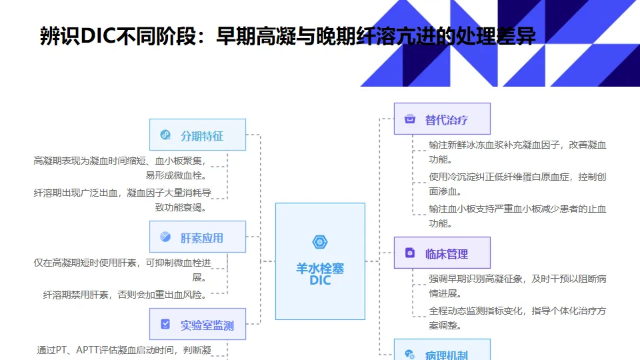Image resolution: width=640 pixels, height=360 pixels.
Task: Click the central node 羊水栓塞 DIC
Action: coord(320,261)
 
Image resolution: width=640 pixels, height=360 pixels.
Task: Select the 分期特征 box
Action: coord(197,135)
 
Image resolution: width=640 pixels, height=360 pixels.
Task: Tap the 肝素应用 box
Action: coord(197,237)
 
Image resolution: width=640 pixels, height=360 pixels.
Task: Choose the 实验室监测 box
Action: coord(197,325)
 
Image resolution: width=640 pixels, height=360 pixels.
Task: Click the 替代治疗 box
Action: coord(442,119)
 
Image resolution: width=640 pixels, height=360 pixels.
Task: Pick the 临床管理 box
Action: coord(442,253)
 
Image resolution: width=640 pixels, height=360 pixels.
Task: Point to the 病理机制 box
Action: coord(442,352)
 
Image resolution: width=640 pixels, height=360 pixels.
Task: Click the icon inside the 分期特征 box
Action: coord(165,135)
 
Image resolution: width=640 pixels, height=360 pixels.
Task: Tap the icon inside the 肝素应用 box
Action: coord(165,237)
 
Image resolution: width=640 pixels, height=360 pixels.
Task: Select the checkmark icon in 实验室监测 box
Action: coord(165,325)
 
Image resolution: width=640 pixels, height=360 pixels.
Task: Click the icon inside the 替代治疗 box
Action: coord(410,119)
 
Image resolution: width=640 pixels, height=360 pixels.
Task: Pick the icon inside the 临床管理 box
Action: coord(410,253)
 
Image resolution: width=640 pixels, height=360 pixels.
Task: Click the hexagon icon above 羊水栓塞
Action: coord(320,242)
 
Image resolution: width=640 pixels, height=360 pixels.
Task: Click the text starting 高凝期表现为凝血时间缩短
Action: coord(120,167)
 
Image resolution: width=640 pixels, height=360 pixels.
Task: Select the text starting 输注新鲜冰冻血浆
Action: coord(517,151)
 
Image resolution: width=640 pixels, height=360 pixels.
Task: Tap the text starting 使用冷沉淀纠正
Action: coord(517,183)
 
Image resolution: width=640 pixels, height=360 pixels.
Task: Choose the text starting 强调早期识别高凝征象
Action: coord(517,285)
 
